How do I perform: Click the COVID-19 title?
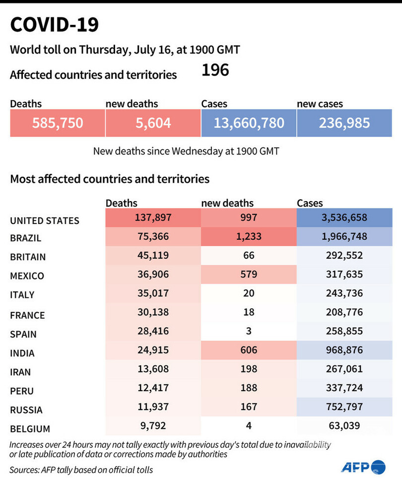coord(55,25)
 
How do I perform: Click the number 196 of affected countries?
coord(215,70)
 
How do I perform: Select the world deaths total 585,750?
coord(58,123)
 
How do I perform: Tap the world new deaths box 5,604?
coord(153,123)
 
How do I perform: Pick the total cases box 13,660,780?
coord(249,123)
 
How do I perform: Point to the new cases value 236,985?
coord(344,123)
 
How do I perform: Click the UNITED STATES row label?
coord(45,220)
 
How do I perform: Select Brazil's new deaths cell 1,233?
coord(249,237)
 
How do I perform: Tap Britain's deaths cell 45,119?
coord(153,255)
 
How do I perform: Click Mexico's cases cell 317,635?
coord(344,274)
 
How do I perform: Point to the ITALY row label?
coord(22,294)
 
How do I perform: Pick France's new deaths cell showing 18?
coord(249,312)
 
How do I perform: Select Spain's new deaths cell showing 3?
coord(249,331)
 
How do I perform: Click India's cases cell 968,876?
coord(344,350)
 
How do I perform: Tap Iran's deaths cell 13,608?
coord(153,368)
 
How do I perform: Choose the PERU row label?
coord(22,391)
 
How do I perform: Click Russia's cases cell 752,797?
coord(344,407)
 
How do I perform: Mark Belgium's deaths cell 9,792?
coord(153,425)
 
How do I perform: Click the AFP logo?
coord(363,467)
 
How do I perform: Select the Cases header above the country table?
coord(310,203)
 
